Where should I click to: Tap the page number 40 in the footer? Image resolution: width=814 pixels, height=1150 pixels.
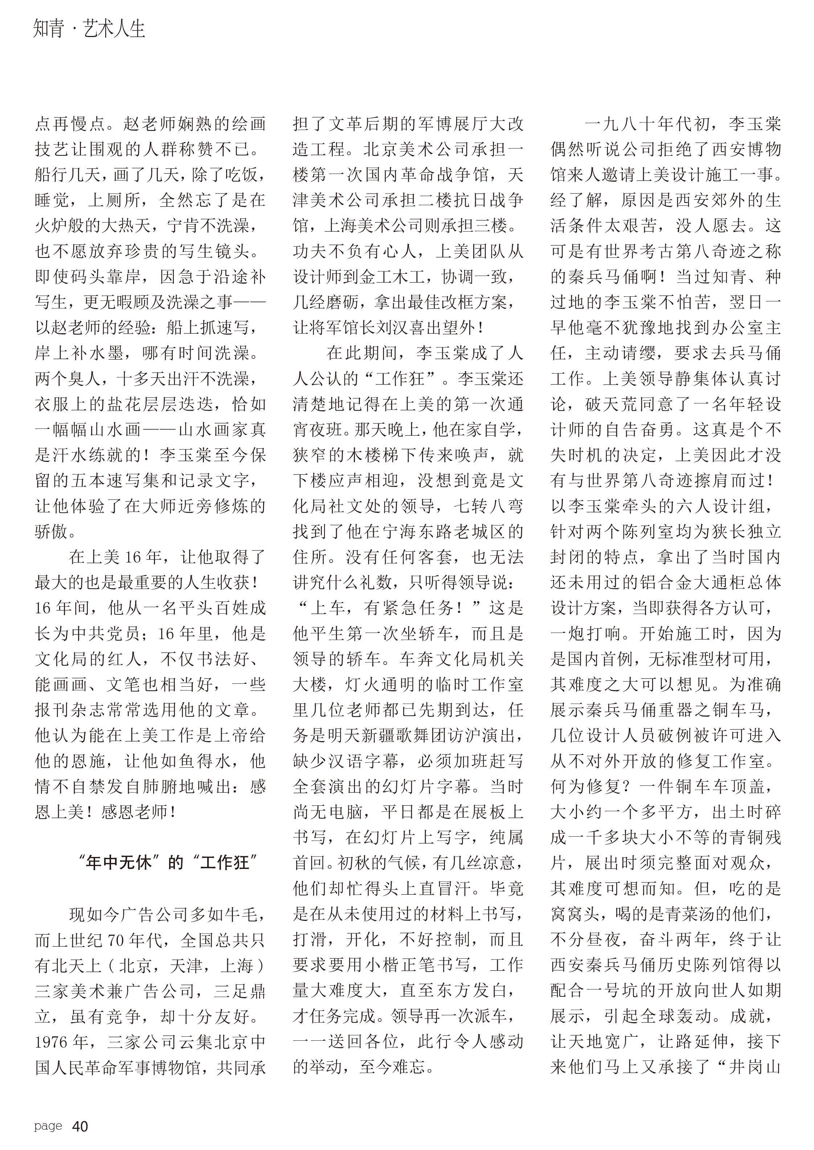[x=80, y=1126]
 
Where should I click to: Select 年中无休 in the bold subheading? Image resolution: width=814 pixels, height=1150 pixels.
[x=118, y=863]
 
